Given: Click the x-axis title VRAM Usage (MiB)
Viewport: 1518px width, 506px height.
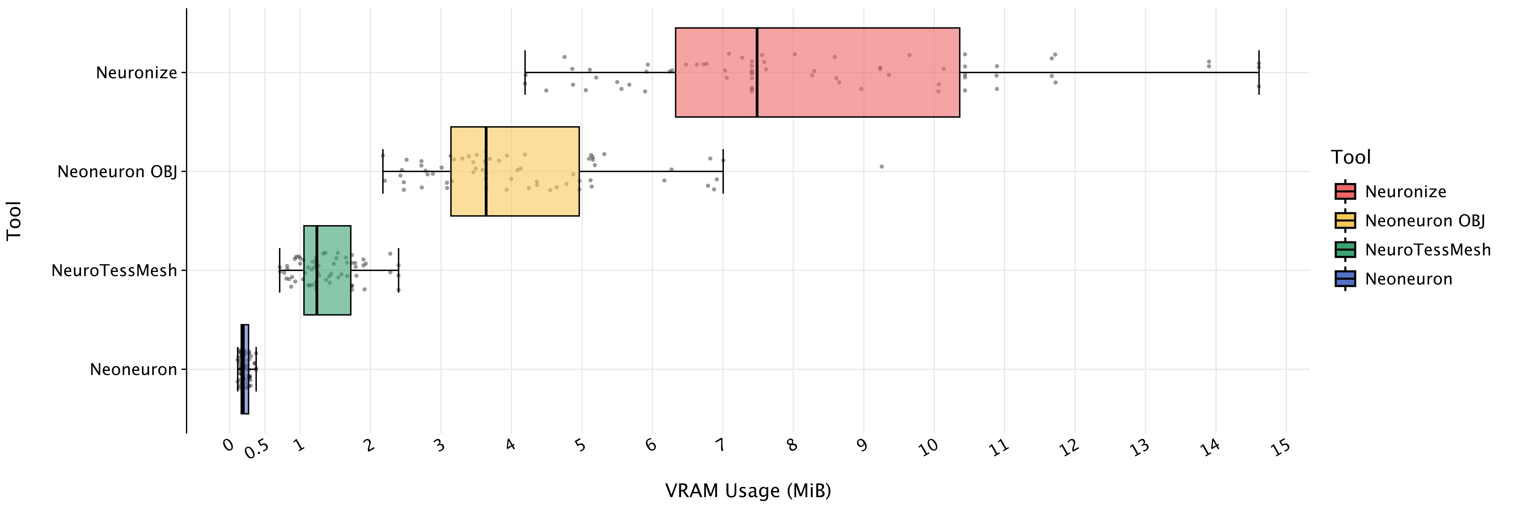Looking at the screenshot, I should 748,491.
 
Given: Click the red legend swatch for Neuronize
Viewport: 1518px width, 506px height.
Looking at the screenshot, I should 1345,192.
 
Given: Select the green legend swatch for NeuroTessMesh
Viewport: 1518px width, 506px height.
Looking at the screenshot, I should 1345,250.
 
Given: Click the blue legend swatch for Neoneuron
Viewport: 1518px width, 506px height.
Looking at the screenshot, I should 1345,279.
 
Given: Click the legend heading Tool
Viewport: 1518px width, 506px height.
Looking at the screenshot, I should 1351,157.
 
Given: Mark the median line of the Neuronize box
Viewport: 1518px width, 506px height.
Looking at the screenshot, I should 757,72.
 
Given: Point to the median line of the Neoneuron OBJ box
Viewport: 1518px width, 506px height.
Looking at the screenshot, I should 486,172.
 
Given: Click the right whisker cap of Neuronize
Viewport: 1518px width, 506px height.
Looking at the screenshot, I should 1259,72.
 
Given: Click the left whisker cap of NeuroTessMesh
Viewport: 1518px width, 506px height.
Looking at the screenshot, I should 279,270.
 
